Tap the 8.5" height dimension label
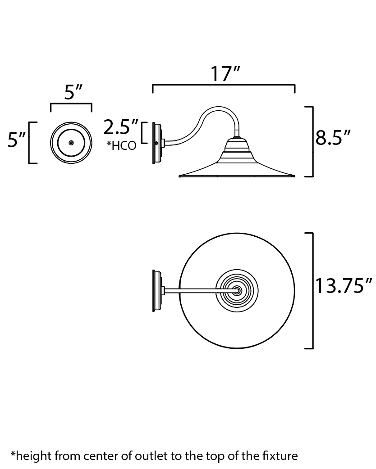click(x=333, y=138)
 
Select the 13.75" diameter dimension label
click(x=344, y=286)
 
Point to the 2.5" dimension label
click(x=121, y=127)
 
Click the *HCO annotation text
click(x=122, y=146)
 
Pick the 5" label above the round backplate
click(x=73, y=92)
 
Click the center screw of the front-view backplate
click(x=71, y=143)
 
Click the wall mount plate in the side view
click(x=158, y=143)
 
